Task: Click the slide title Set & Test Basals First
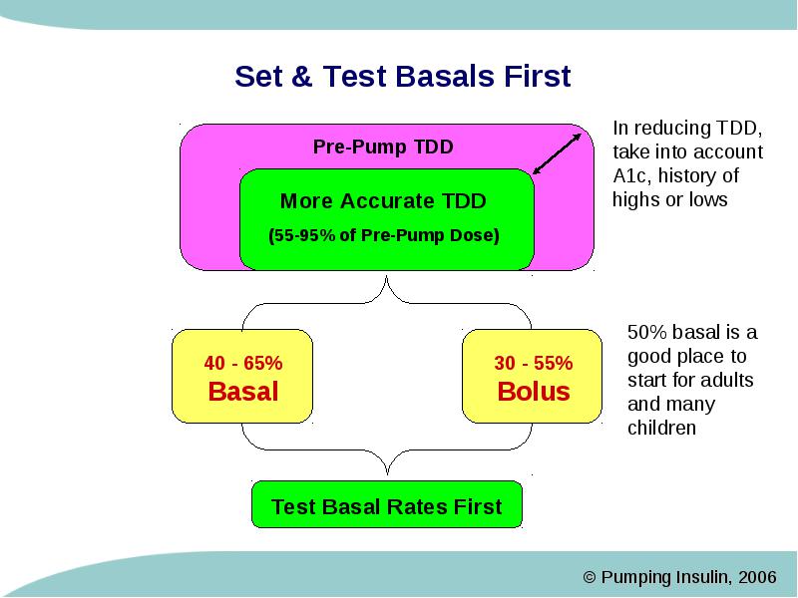[403, 77]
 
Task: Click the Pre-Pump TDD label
[383, 147]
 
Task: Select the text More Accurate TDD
[383, 201]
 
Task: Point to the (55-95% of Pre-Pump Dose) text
[384, 235]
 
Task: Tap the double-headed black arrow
[557, 154]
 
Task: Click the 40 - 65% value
[243, 363]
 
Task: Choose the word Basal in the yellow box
[243, 392]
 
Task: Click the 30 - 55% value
[534, 363]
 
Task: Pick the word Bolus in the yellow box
[534, 392]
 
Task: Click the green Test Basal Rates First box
[387, 504]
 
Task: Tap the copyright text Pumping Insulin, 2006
[688, 577]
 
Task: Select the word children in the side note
[661, 429]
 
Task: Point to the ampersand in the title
[301, 77]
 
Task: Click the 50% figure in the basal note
[646, 333]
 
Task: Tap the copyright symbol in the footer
[590, 577]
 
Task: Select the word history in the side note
[691, 176]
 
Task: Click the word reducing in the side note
[672, 129]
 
